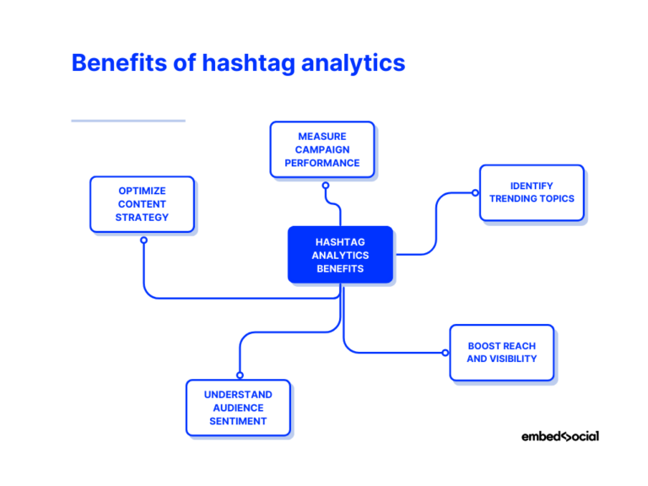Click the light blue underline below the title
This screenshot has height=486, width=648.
click(127, 121)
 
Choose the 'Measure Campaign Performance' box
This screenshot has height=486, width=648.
click(321, 149)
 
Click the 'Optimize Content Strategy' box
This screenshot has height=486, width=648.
click(142, 204)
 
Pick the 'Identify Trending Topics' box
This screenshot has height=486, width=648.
click(532, 192)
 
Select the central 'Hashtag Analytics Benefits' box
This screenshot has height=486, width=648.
click(340, 255)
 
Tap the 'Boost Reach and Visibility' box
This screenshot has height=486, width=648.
click(501, 353)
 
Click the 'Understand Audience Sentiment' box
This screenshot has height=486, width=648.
click(238, 408)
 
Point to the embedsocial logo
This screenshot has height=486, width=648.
click(559, 436)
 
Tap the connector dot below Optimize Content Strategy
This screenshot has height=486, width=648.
click(143, 240)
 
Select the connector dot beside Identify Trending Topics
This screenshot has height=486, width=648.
click(475, 193)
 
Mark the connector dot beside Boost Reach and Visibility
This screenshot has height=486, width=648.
click(445, 353)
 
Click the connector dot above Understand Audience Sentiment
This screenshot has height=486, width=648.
click(240, 375)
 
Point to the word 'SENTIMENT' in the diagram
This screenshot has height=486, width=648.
click(238, 421)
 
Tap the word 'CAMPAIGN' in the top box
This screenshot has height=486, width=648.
click(321, 149)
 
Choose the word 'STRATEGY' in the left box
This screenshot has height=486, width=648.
click(142, 218)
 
